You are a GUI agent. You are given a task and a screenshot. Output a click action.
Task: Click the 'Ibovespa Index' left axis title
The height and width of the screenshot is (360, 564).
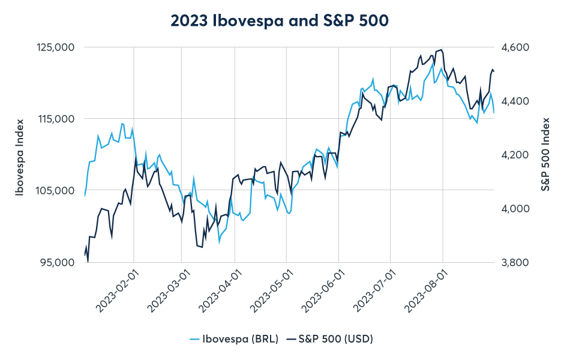click(x=20, y=155)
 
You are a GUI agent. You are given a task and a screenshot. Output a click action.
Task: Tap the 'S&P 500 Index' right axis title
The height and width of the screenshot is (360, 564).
click(x=545, y=155)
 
